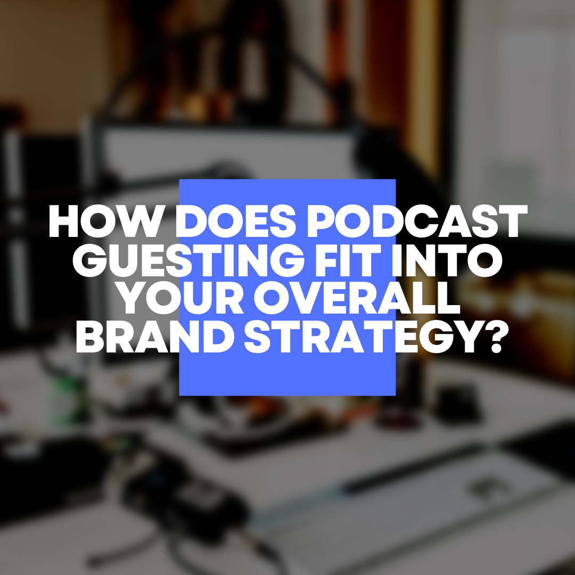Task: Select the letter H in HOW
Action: pos(63,221)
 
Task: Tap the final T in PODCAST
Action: pos(512,221)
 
